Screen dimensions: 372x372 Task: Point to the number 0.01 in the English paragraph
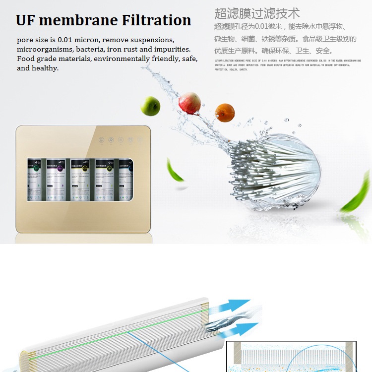[63, 39]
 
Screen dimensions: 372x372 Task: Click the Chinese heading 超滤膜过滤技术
[257, 13]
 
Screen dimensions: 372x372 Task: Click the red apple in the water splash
[189, 102]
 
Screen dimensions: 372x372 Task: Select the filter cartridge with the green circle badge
[35, 179]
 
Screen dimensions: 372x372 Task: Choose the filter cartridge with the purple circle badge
[59, 179]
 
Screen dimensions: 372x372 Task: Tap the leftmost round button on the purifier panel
[101, 140]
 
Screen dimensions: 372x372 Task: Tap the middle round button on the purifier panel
[121, 140]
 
